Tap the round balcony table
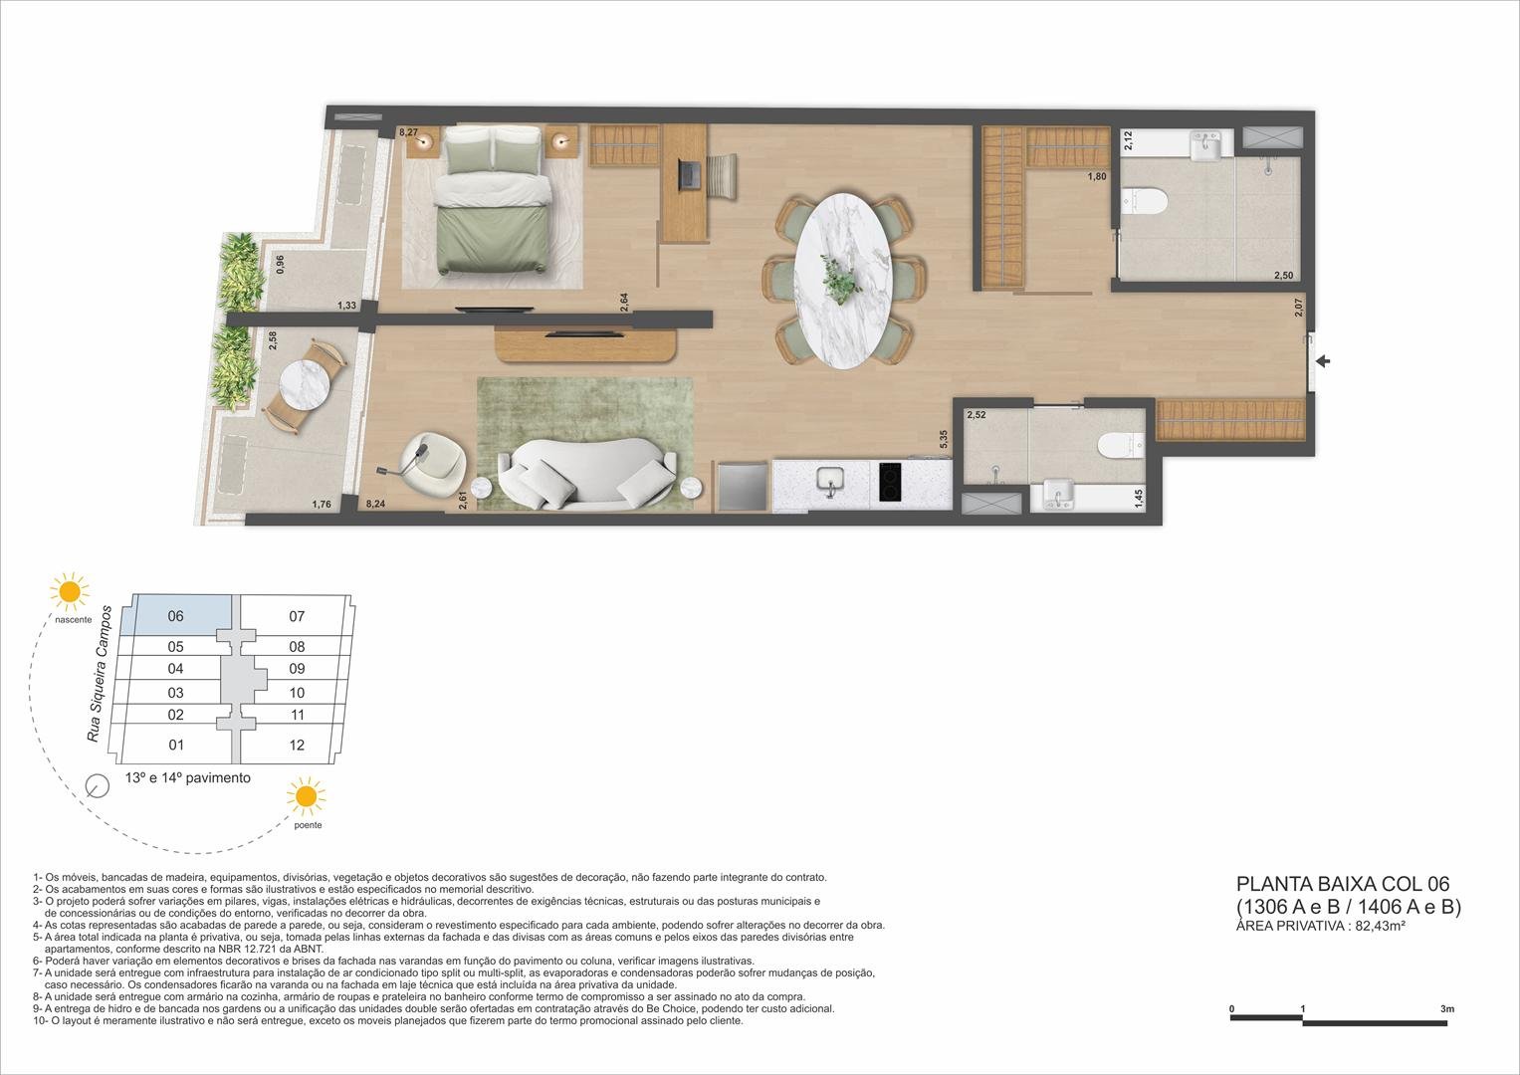303,385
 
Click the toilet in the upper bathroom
1144,202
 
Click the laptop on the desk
690,175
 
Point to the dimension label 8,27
408,131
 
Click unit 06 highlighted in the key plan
176,616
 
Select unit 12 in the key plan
297,745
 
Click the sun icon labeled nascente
69,591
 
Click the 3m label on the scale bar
1446,1008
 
